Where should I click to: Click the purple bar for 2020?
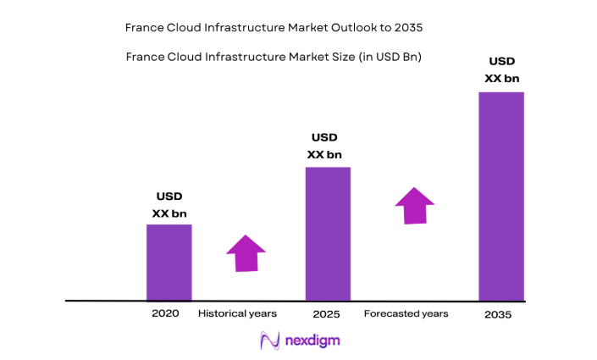[169, 262]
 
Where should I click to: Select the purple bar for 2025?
[328, 233]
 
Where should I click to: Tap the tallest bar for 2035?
[501, 196]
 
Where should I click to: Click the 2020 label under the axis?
[165, 313]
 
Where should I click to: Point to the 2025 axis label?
[326, 314]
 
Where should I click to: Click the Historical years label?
[237, 313]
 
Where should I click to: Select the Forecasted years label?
[406, 313]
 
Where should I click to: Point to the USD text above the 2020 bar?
[169, 197]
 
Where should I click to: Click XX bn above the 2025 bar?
[324, 154]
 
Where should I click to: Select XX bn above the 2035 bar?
[501, 79]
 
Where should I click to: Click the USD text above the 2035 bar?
[501, 61]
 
